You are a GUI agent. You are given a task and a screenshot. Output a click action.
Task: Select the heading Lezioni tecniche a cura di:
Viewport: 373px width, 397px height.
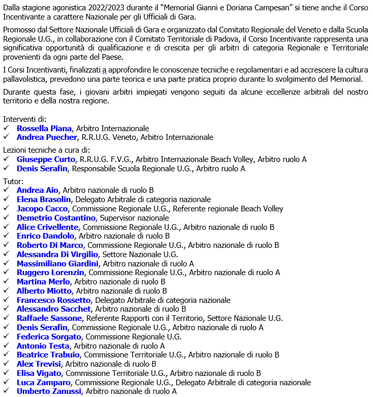(46, 150)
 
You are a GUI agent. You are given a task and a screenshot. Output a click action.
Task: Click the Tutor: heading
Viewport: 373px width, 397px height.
(13, 181)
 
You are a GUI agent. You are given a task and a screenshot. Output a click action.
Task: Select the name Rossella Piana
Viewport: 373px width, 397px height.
(44, 129)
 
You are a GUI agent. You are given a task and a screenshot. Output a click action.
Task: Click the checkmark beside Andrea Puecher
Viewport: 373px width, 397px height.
(6, 137)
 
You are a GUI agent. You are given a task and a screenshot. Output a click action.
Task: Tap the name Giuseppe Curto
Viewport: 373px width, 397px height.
(46, 159)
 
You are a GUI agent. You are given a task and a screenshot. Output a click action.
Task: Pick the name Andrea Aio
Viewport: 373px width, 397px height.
(38, 190)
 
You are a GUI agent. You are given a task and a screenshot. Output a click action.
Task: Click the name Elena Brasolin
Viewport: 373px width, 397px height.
(44, 200)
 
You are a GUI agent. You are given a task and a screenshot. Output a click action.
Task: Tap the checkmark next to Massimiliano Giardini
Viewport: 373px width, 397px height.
(6, 264)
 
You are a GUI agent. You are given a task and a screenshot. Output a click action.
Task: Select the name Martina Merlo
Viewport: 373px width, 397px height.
(43, 282)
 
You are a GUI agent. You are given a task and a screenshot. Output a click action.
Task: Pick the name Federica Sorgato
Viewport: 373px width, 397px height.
(49, 337)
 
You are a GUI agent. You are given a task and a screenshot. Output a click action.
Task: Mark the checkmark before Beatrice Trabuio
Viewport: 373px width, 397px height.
(6, 355)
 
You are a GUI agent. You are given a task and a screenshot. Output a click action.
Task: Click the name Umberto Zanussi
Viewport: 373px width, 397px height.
(49, 391)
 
